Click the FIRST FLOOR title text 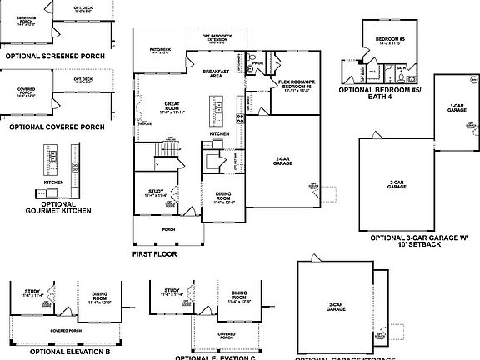click(154, 253)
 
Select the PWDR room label click(257, 62)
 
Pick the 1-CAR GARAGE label click(456, 107)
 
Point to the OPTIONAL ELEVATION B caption click(70, 352)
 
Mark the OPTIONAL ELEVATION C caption click(216, 357)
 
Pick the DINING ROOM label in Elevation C click(239, 295)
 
